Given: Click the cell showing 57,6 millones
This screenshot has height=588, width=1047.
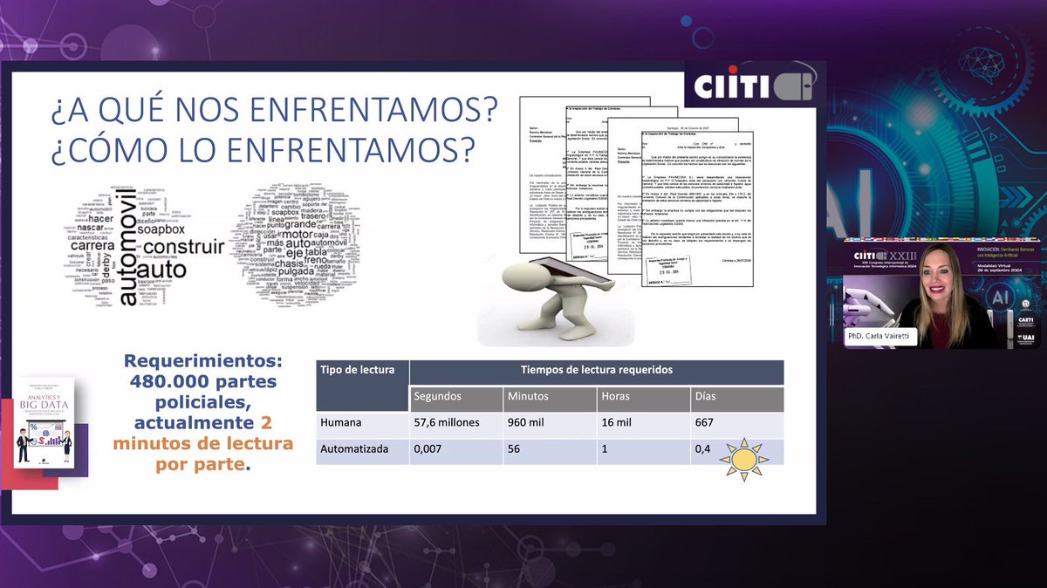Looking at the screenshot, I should click(451, 423).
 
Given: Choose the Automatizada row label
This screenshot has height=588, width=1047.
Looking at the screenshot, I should click(353, 451).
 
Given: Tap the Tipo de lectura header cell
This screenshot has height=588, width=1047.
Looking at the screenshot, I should click(357, 370).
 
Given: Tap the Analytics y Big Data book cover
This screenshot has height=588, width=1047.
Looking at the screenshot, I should click(44, 422).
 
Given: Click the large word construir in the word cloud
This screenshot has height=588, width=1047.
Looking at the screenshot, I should click(184, 248).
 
